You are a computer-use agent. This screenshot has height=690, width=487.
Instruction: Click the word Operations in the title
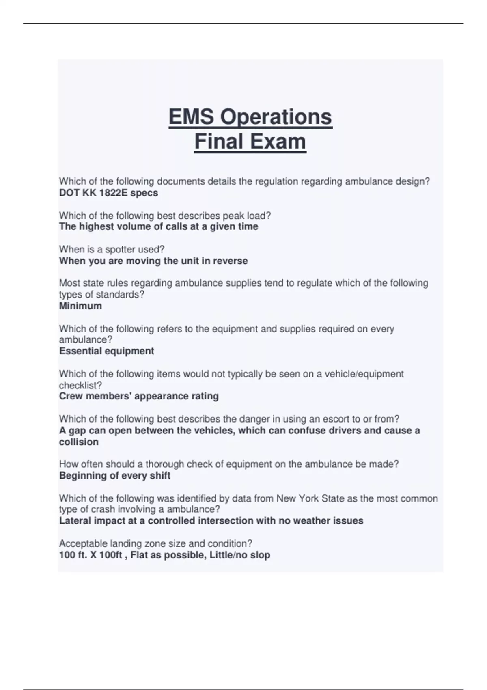276,117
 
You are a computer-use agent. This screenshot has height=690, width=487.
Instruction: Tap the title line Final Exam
250,142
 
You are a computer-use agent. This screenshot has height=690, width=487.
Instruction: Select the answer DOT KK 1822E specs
108,193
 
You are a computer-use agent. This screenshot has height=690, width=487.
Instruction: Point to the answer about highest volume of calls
158,226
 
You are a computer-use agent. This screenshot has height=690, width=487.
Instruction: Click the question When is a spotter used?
112,249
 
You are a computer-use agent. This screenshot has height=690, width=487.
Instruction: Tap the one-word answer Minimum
80,306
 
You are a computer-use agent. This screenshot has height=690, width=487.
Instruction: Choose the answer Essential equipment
106,351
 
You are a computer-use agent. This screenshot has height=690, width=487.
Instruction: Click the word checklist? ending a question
80,385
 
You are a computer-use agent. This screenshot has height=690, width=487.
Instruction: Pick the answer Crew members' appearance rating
139,396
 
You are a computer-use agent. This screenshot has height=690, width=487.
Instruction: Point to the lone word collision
79,442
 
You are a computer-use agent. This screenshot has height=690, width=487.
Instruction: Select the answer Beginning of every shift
115,476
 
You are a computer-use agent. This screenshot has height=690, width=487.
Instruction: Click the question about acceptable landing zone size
155,543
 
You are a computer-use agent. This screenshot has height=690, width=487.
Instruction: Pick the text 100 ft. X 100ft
91,555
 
